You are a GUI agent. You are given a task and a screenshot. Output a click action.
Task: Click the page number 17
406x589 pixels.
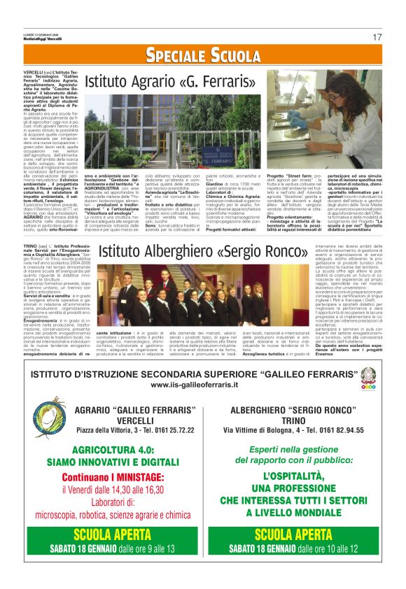377,37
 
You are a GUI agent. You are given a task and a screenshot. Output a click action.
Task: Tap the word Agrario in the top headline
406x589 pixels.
155,83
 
